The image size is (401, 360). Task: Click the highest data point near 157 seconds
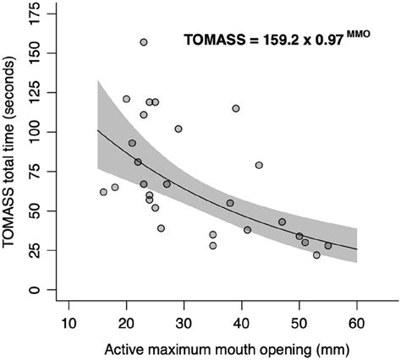pyautogui.click(x=144, y=42)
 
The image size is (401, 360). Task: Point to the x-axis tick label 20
pyautogui.click(x=126, y=324)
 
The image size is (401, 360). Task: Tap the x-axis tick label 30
pyautogui.click(x=184, y=324)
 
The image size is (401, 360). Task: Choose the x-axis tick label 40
pyautogui.click(x=241, y=324)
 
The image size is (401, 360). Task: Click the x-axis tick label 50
pyautogui.click(x=299, y=324)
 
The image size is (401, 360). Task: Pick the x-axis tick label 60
pyautogui.click(x=356, y=324)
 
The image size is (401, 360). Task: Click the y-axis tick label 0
pyautogui.click(x=36, y=290)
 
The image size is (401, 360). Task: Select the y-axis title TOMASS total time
pyautogui.click(x=12, y=152)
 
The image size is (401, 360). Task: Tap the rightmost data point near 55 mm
pyautogui.click(x=328, y=246)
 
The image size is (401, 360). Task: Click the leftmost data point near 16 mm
pyautogui.click(x=103, y=192)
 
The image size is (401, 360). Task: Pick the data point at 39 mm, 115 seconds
pyautogui.click(x=236, y=108)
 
